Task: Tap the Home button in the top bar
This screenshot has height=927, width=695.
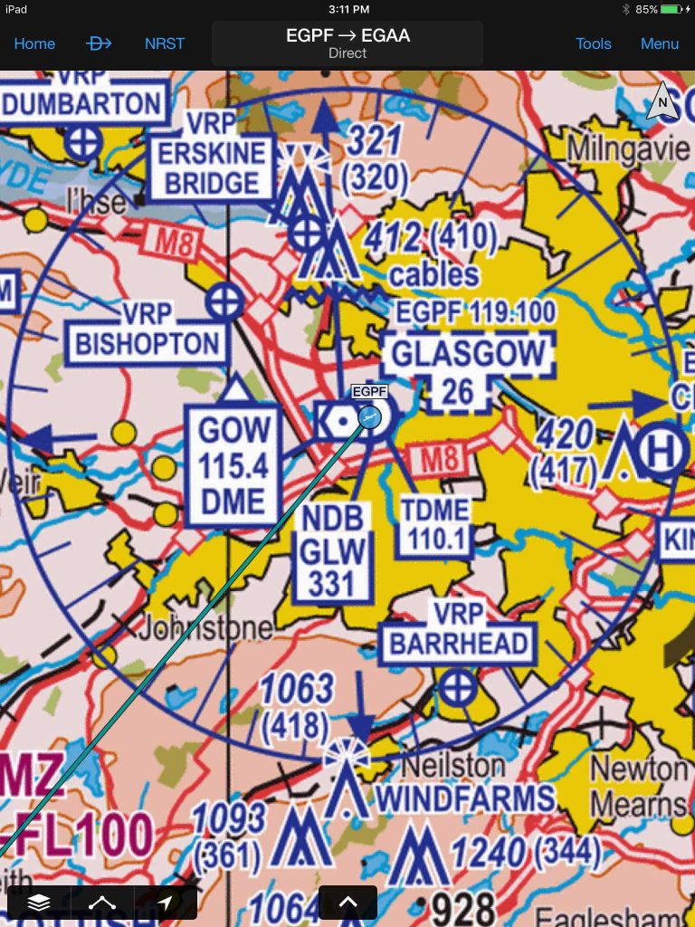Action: click(x=34, y=43)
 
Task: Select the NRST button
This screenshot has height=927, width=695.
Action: click(x=165, y=43)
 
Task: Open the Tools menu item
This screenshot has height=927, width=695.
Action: click(x=594, y=43)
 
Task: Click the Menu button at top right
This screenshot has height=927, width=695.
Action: click(x=660, y=43)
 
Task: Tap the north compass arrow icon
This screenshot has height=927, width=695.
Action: click(x=662, y=102)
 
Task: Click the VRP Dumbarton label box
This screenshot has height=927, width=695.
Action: click(x=83, y=102)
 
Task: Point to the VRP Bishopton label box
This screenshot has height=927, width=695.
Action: click(x=147, y=330)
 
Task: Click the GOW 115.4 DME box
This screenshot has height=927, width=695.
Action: click(x=233, y=465)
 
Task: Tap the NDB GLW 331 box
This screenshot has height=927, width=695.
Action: click(x=334, y=550)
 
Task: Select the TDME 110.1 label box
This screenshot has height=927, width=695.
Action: click(x=436, y=525)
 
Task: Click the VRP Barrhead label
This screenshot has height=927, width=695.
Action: click(x=459, y=629)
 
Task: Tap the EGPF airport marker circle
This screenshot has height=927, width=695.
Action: click(x=369, y=416)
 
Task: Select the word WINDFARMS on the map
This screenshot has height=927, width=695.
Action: click(x=465, y=798)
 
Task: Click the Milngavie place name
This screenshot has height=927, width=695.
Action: click(x=628, y=148)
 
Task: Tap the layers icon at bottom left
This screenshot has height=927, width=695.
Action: click(x=39, y=902)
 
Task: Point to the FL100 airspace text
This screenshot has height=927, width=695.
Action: click(x=82, y=836)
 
